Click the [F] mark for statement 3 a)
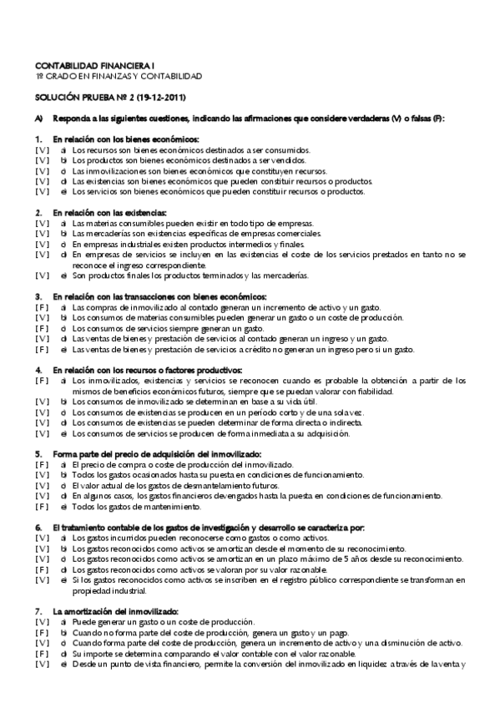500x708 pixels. (42, 307)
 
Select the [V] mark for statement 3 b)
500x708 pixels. (42, 318)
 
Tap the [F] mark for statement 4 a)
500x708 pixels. (42, 381)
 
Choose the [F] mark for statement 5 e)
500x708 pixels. (42, 507)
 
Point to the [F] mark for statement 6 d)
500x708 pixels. (42, 570)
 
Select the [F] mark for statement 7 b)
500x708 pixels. (42, 634)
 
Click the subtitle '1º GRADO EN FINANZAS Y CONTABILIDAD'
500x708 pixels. (119, 76)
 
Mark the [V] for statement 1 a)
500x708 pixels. (42, 149)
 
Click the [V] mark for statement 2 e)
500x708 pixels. (42, 276)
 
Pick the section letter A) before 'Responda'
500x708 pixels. (39, 118)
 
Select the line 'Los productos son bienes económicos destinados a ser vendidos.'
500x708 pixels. (189, 159)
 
